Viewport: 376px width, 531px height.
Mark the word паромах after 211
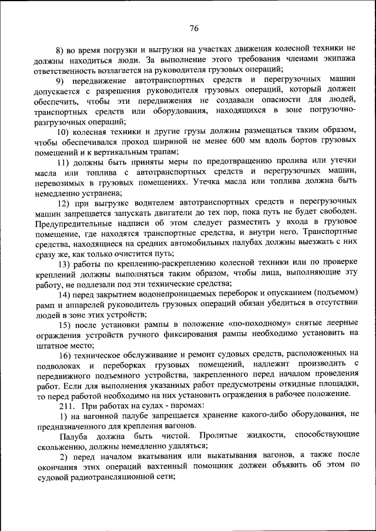[184, 405]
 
